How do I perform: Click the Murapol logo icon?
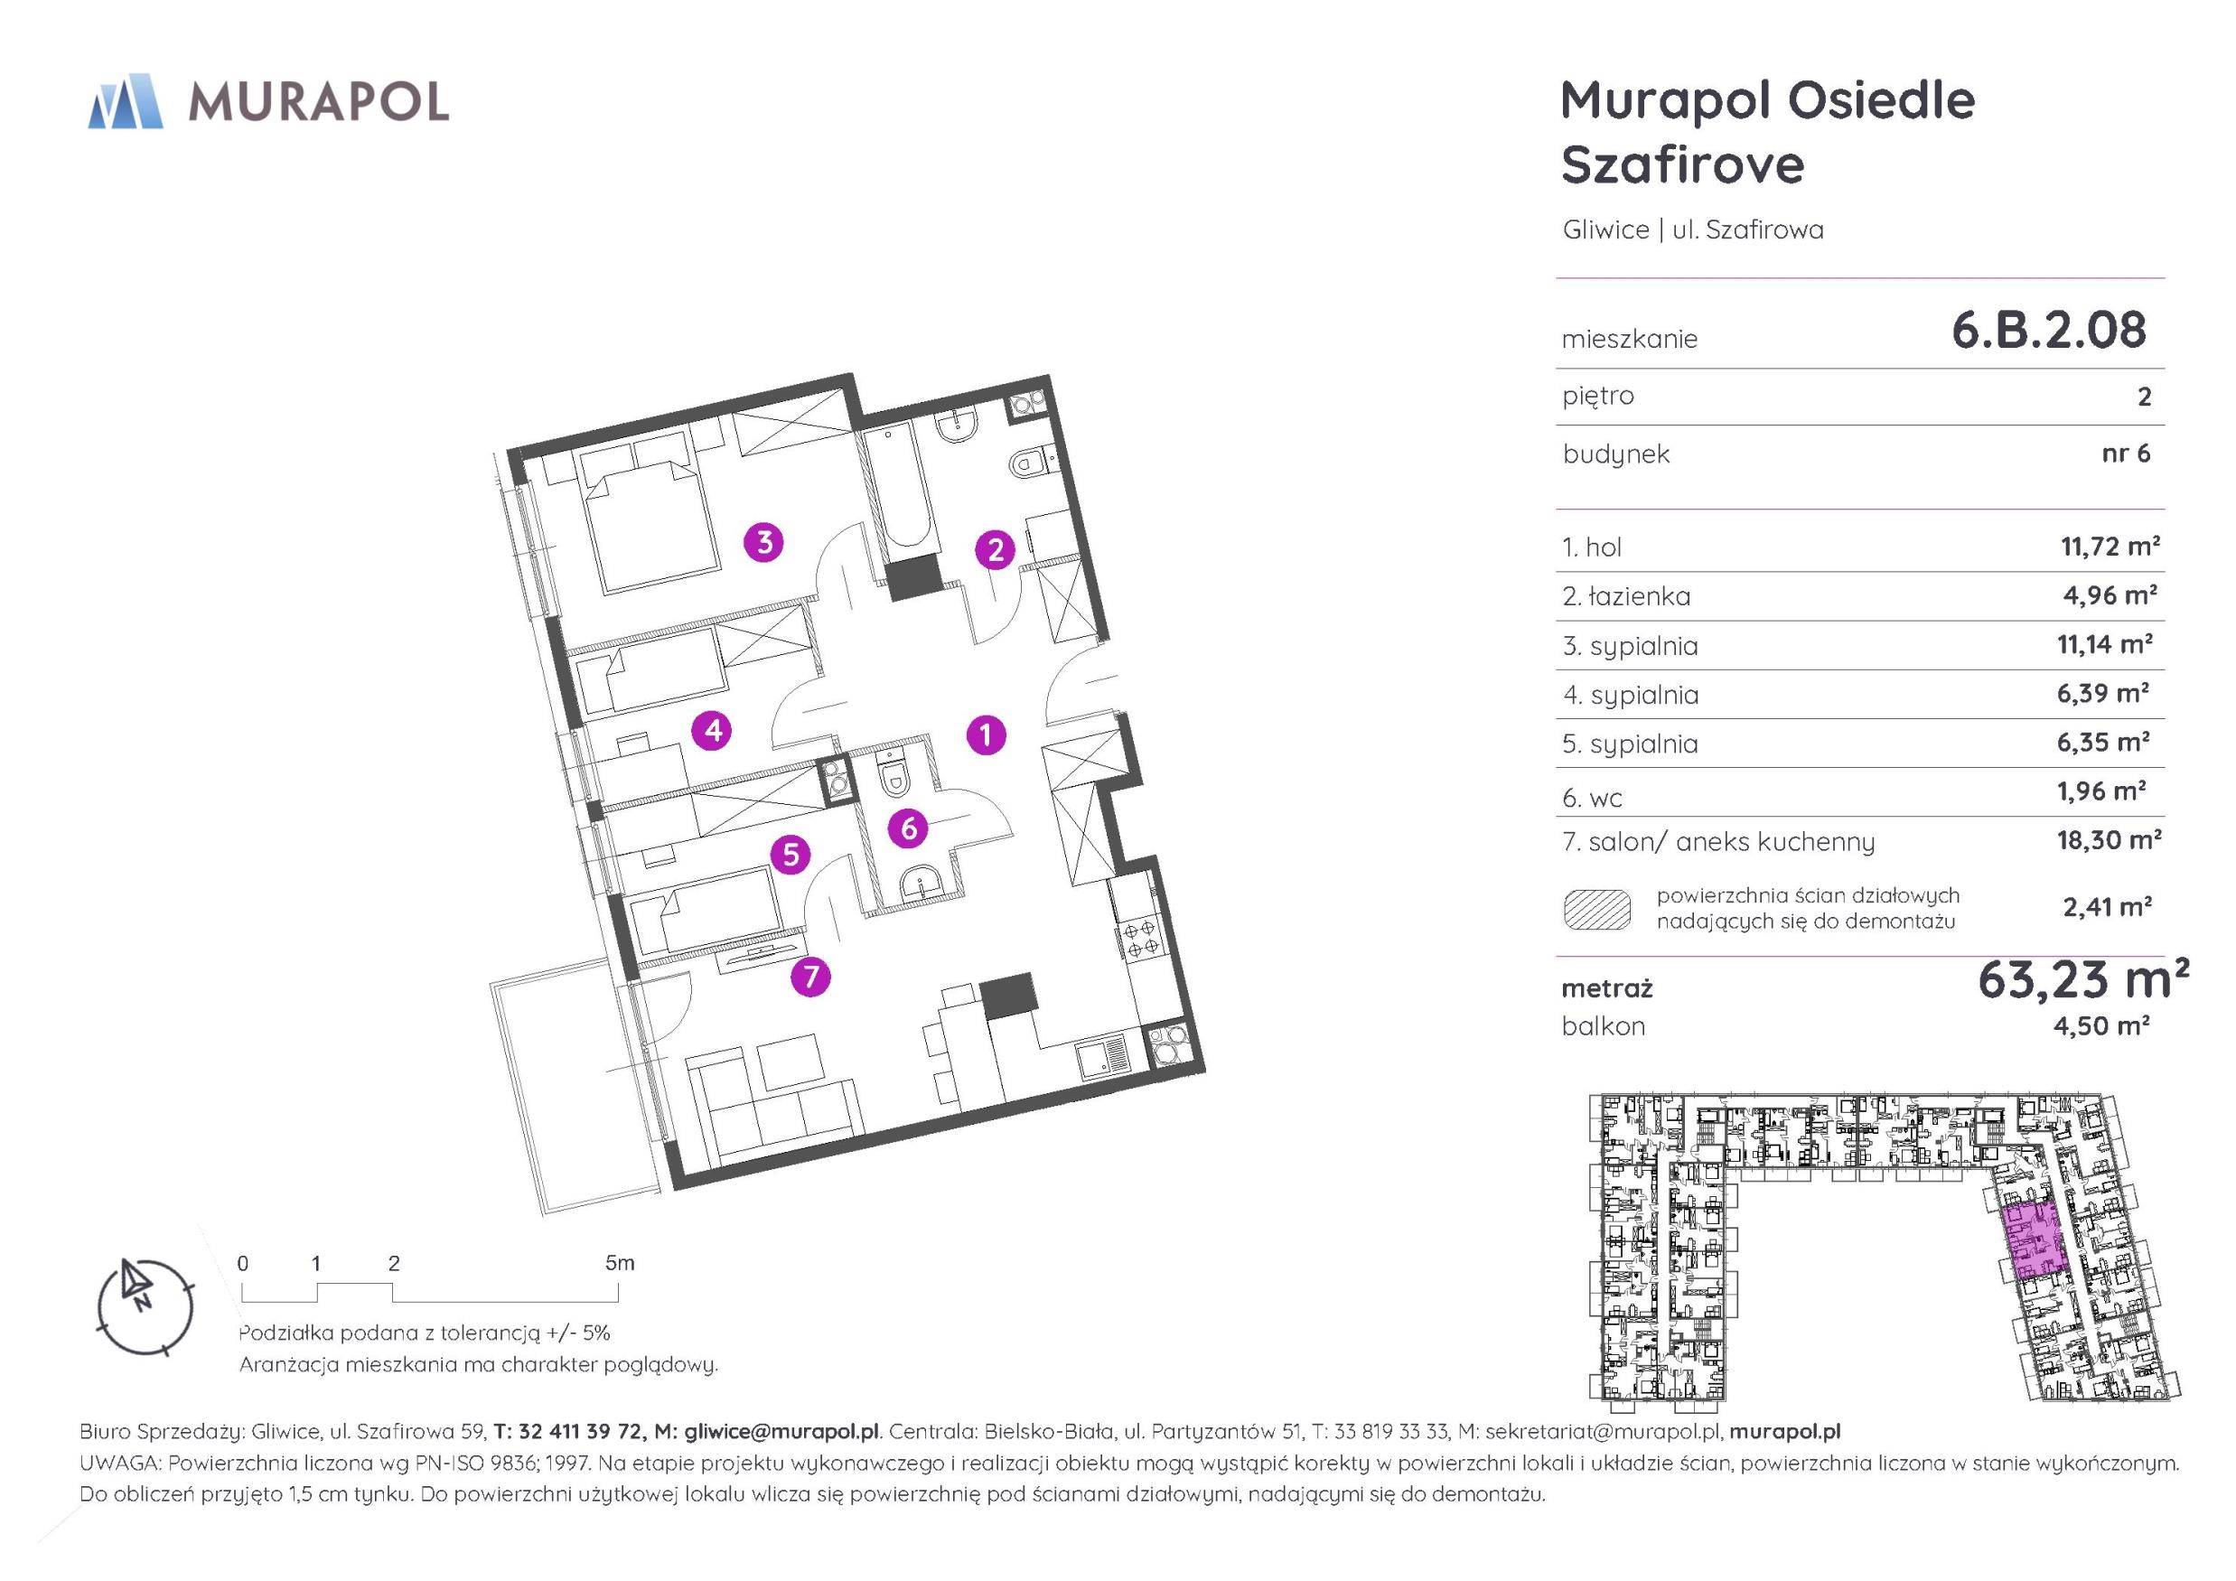click(x=125, y=100)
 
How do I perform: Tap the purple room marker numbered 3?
click(x=764, y=542)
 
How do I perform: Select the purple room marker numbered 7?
click(x=810, y=976)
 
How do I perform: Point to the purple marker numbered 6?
click(x=909, y=828)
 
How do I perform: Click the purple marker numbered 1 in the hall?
click(x=987, y=734)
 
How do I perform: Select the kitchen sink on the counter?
click(x=1101, y=1057)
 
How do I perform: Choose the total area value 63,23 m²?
click(x=2082, y=980)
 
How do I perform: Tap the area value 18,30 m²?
click(x=2109, y=839)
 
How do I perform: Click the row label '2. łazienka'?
click(x=1625, y=596)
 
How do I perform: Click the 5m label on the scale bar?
click(x=620, y=1263)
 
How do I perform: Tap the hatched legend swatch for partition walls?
click(x=1596, y=910)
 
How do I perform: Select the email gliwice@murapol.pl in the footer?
click(x=782, y=1432)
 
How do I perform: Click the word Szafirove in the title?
click(x=1683, y=164)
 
